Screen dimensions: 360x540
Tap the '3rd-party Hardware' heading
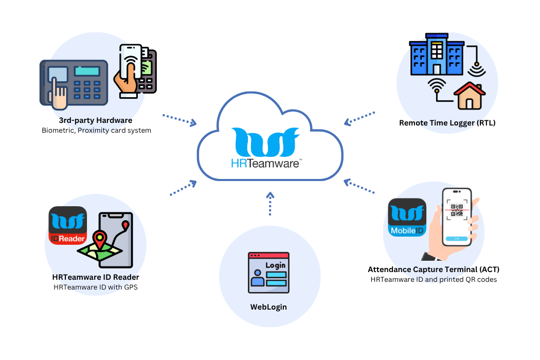(96, 120)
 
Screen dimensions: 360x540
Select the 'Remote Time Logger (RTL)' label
(447, 123)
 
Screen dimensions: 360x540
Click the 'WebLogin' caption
(268, 307)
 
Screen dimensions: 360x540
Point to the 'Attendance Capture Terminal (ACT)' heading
(434, 269)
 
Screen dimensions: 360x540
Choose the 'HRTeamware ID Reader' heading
(96, 277)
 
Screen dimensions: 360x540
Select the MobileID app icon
(407, 218)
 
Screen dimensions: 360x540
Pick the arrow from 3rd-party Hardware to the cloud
(179, 120)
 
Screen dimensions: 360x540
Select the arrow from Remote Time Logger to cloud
(360, 118)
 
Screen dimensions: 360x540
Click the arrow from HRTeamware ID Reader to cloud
(183, 188)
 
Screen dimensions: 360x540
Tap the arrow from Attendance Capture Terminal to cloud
(359, 186)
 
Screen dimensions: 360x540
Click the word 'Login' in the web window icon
(276, 265)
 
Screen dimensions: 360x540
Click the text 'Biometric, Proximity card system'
(96, 131)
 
